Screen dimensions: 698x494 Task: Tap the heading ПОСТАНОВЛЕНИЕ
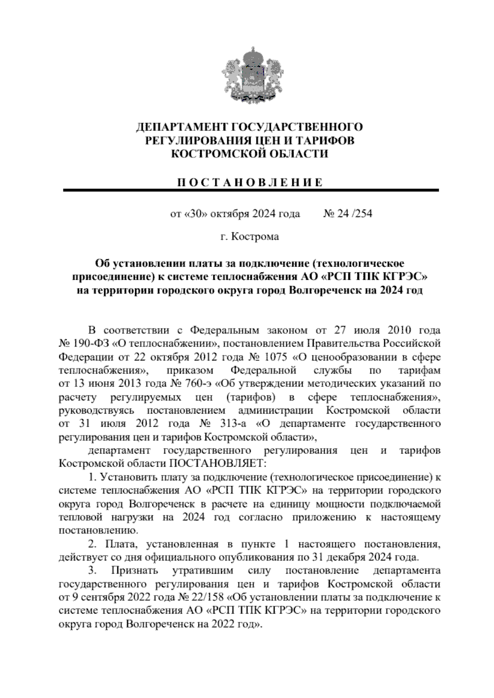250,182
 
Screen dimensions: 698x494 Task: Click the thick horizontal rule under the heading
251,190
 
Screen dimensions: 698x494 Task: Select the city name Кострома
255,237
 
